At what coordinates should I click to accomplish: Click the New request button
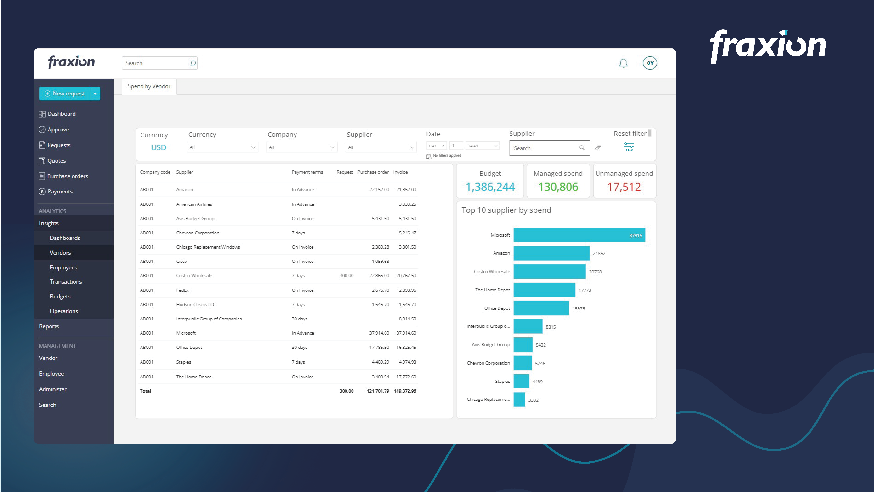pyautogui.click(x=65, y=93)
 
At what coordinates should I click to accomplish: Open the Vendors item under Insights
pyautogui.click(x=60, y=253)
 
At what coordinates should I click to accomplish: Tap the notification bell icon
pyautogui.click(x=623, y=63)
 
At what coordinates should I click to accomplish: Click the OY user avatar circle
pyautogui.click(x=650, y=63)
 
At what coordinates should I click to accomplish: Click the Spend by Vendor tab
pyautogui.click(x=149, y=86)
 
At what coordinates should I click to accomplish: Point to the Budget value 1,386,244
pyautogui.click(x=490, y=187)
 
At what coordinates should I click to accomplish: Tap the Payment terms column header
pyautogui.click(x=307, y=172)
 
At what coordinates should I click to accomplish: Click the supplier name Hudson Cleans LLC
pyautogui.click(x=196, y=305)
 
